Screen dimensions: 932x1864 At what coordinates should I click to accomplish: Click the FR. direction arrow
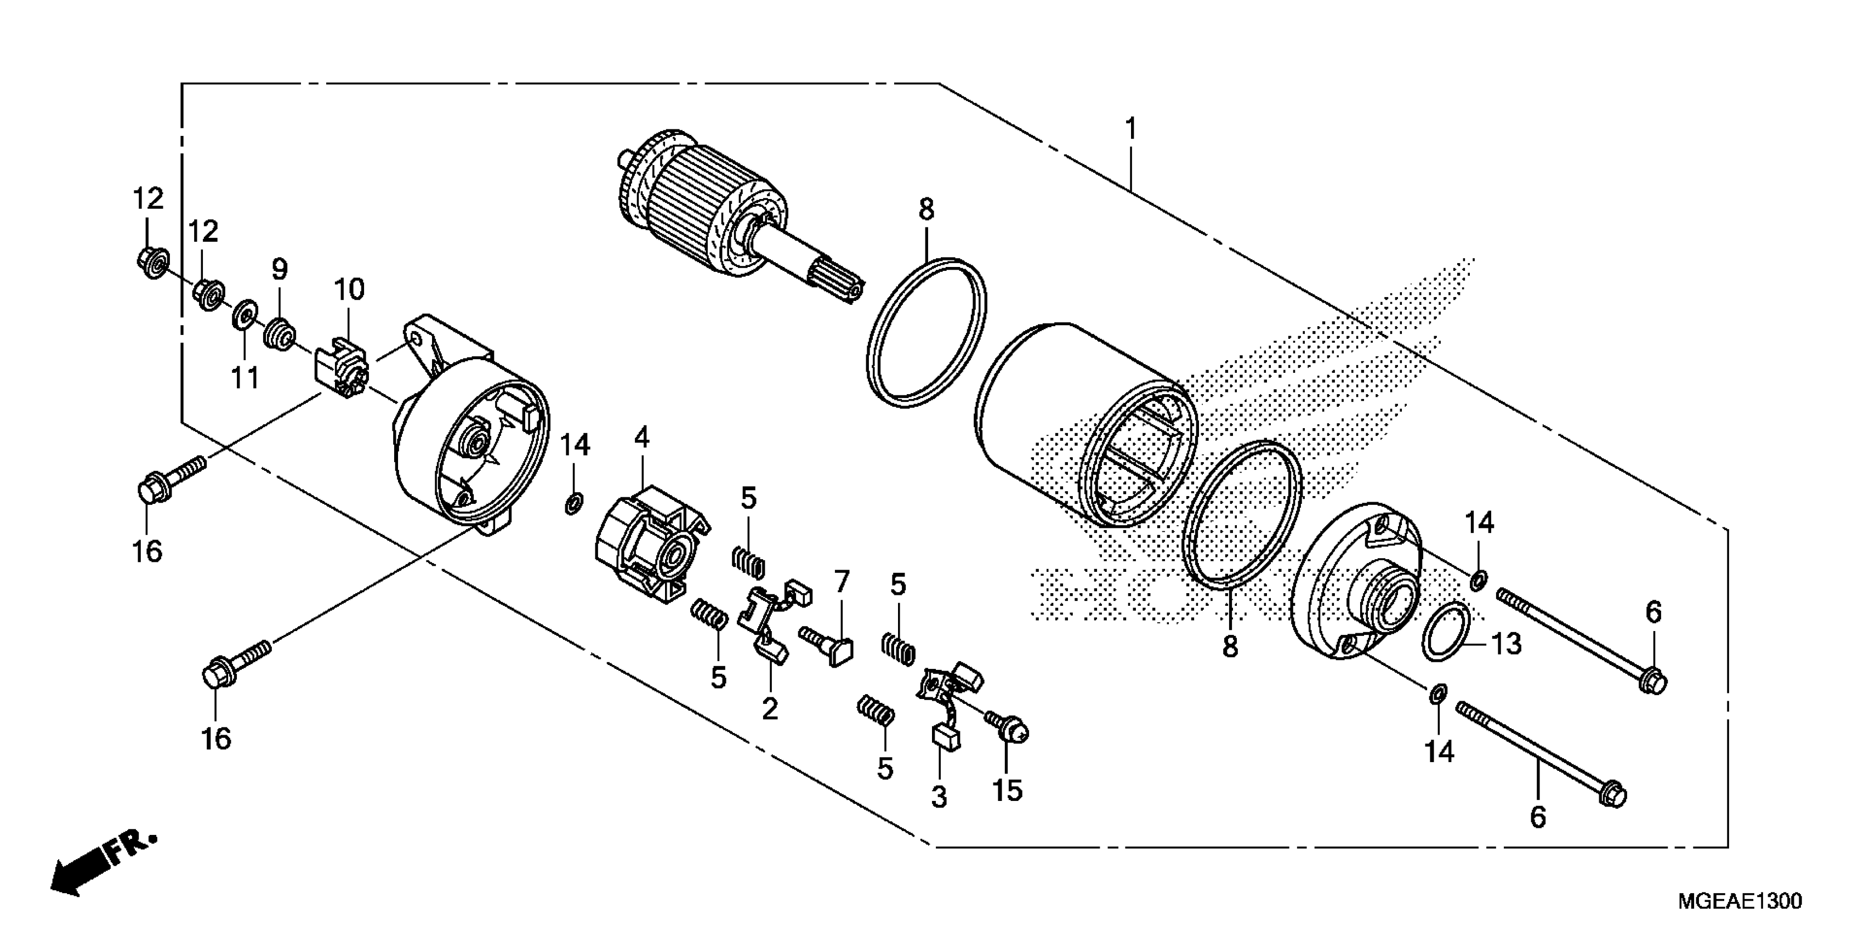tap(101, 868)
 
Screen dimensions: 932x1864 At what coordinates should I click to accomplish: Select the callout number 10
tap(349, 290)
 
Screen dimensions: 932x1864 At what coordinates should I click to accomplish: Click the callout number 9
tap(279, 270)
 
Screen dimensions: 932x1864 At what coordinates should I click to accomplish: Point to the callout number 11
tap(245, 377)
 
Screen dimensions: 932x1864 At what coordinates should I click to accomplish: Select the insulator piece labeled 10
tap(342, 367)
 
